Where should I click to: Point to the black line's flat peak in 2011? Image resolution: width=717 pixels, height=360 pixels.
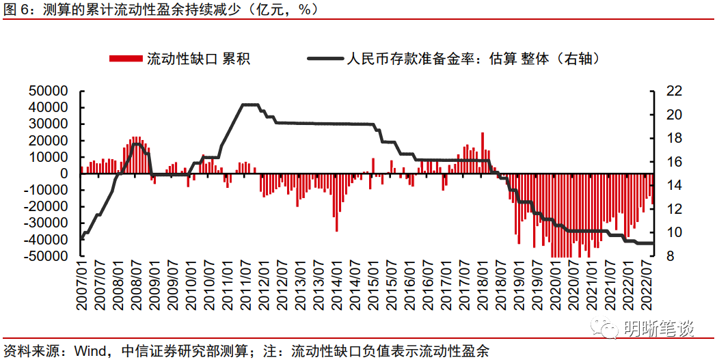[250, 105]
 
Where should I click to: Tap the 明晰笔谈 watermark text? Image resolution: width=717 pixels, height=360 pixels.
[659, 329]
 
